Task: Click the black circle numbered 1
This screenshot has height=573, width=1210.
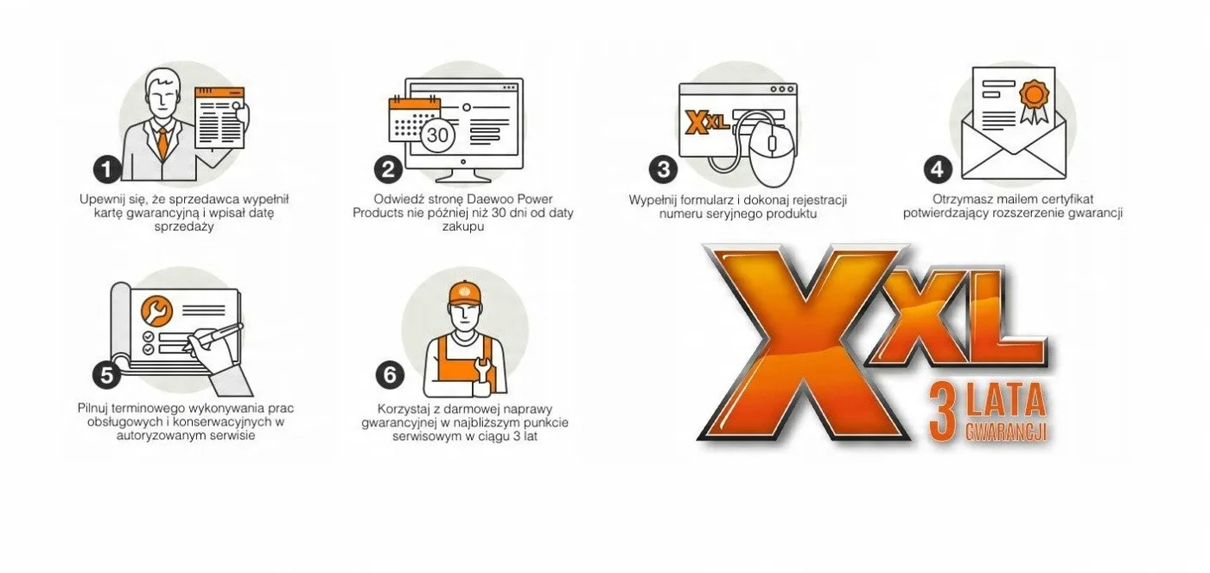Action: tap(107, 169)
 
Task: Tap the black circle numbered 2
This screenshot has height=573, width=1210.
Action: tap(388, 169)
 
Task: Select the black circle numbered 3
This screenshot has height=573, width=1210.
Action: tap(664, 169)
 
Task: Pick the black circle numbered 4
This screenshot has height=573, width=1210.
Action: tap(938, 169)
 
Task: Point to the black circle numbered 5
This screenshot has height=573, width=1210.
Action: tap(107, 374)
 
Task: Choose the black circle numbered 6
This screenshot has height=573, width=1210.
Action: tap(390, 374)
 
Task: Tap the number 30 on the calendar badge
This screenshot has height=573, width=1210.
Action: tap(437, 135)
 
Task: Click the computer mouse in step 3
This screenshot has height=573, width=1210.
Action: tap(773, 153)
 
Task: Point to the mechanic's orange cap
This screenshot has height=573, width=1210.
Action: tap(465, 294)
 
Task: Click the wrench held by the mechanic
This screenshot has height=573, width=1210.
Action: tap(482, 372)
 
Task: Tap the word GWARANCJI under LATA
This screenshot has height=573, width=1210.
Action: tap(1006, 432)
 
